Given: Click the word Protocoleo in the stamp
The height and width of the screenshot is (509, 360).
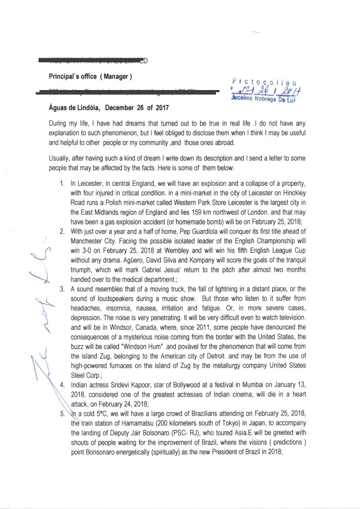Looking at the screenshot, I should click(264, 81).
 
